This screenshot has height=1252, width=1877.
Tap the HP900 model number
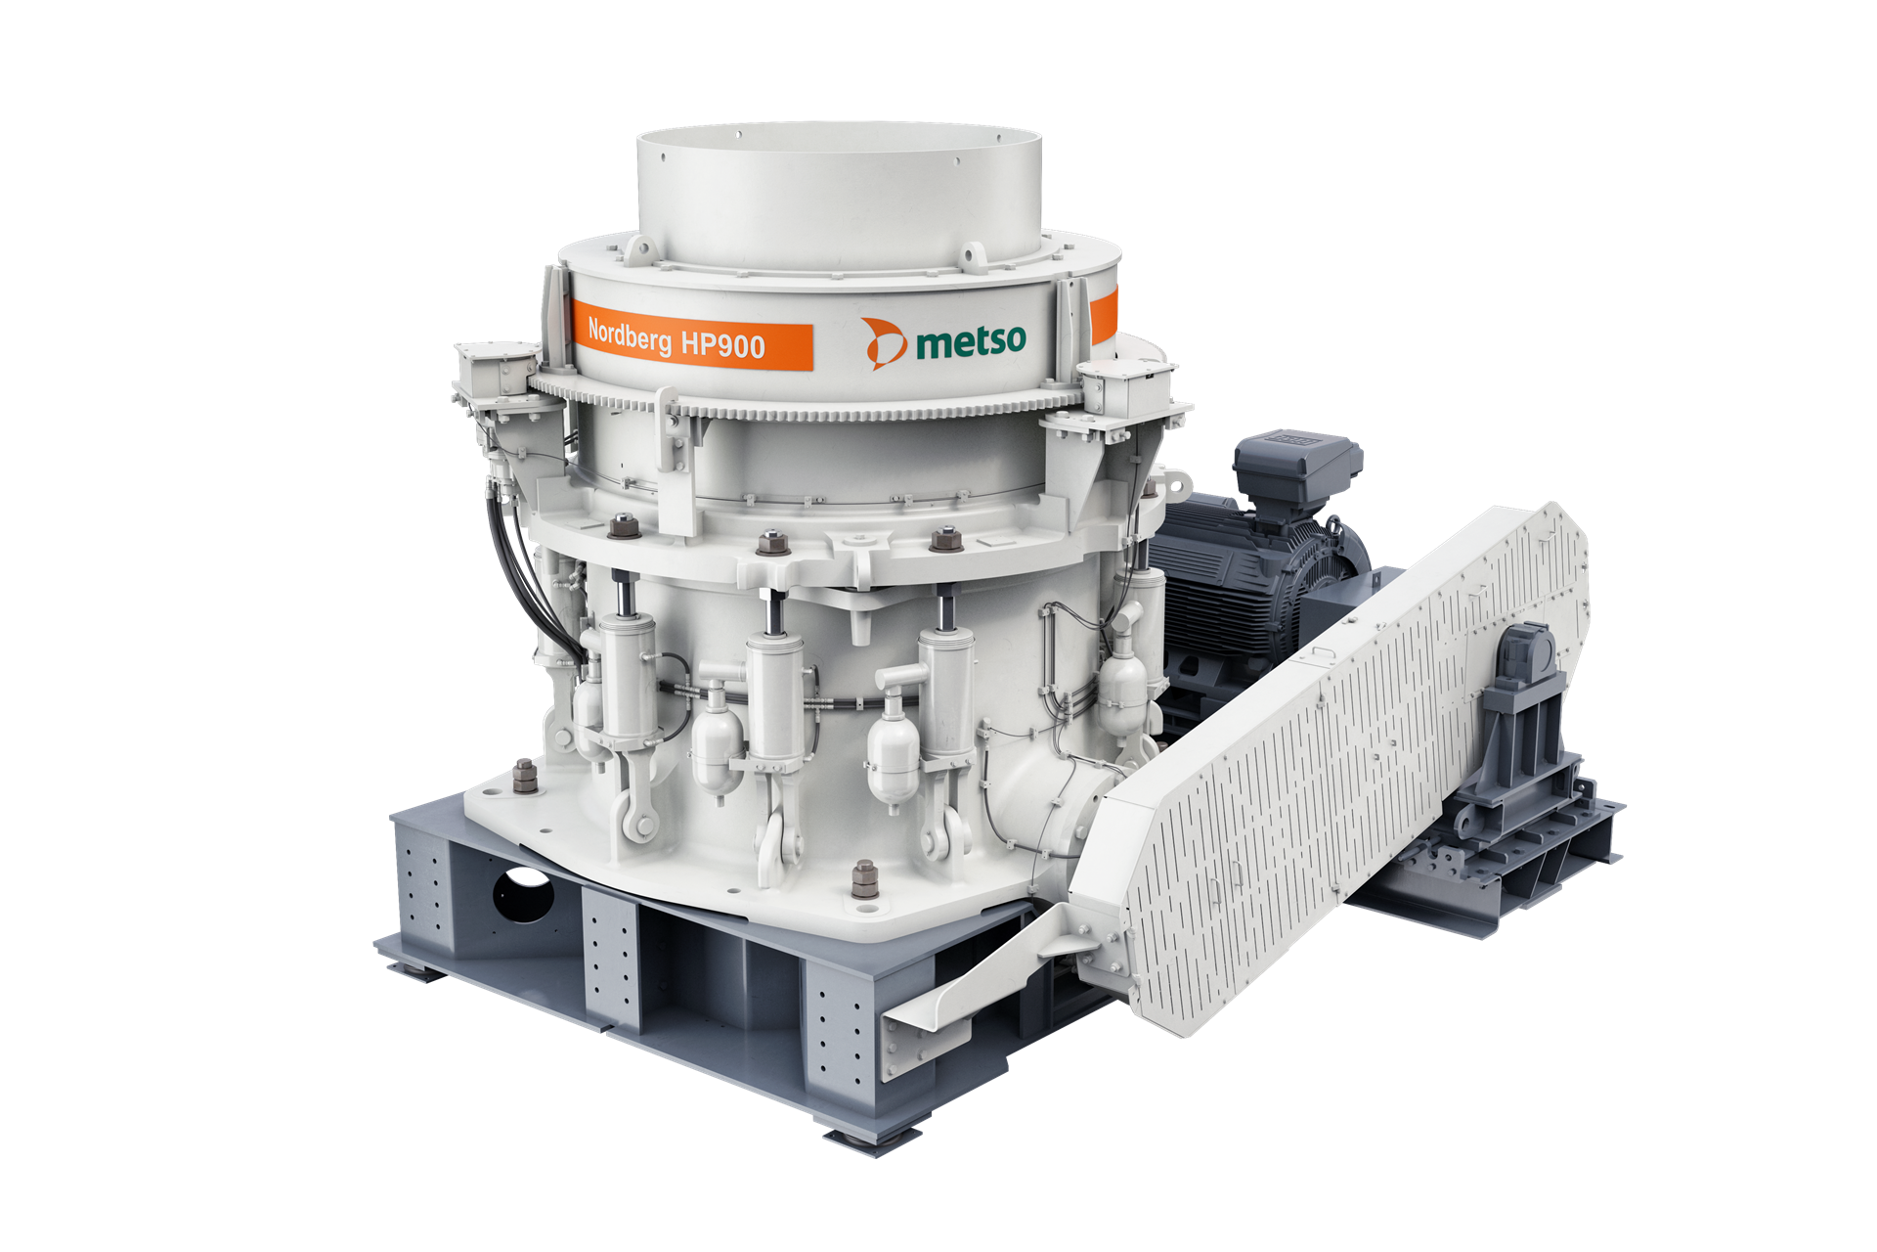[x=723, y=343]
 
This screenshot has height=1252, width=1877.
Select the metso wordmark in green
[x=972, y=341]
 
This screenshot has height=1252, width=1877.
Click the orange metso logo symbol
[x=884, y=343]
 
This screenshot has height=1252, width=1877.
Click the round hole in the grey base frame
[x=523, y=893]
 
